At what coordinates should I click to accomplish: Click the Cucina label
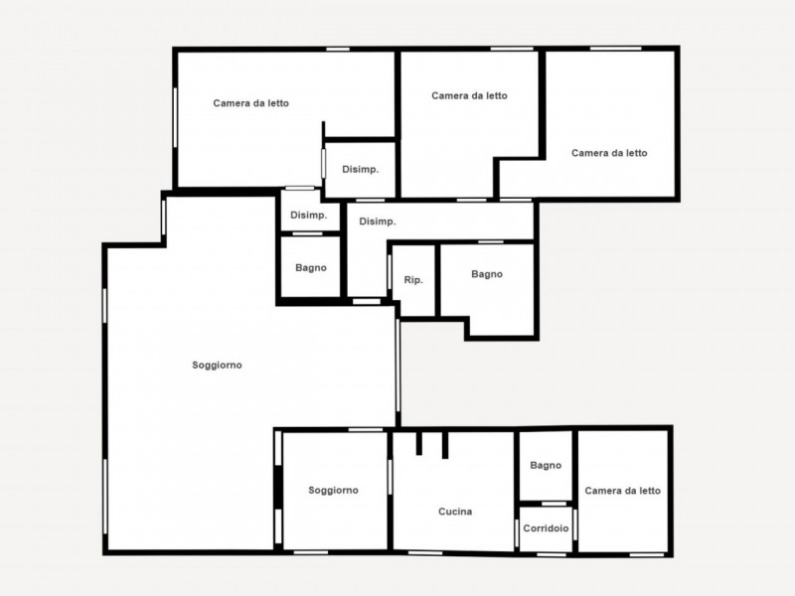[455, 512]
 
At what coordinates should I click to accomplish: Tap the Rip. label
[413, 280]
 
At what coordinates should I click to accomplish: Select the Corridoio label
[546, 528]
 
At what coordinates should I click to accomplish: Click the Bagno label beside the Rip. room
[487, 274]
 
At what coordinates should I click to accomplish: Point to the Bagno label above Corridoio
[546, 465]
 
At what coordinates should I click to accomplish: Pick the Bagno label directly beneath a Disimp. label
[311, 267]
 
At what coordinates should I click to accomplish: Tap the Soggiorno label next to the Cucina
[333, 490]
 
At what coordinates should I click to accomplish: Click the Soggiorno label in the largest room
[217, 365]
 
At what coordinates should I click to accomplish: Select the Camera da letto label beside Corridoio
[623, 491]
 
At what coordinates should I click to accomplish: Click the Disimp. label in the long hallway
[378, 222]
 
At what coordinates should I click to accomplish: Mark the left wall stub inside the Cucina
[419, 443]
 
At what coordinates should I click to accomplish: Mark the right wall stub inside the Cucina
[445, 445]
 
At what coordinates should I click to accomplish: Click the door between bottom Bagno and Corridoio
[554, 504]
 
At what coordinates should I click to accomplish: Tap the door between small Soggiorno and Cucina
[390, 477]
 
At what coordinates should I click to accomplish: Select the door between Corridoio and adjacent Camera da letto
[575, 524]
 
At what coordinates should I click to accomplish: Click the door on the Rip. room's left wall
[390, 271]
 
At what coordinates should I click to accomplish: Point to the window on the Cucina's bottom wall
[425, 552]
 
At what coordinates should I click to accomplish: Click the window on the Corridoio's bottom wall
[552, 554]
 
